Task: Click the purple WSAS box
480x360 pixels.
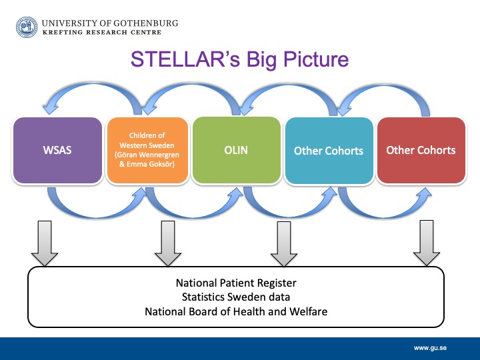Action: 57,150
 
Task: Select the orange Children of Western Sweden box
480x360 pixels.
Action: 147,150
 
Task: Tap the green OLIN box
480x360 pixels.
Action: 236,150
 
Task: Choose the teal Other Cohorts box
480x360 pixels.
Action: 329,151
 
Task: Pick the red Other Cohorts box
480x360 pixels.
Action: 421,150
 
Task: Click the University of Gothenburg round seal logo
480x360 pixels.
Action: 27,27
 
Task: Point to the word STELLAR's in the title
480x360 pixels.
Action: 185,59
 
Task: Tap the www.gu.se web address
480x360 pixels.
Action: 430,348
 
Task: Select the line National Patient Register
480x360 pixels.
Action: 236,283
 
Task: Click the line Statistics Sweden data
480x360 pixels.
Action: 236,297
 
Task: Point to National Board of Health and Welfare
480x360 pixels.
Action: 236,311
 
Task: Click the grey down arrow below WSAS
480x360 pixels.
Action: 45,243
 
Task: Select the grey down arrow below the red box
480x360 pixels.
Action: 427,243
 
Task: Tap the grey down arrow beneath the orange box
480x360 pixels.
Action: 168,243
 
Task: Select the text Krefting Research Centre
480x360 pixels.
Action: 101,33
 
